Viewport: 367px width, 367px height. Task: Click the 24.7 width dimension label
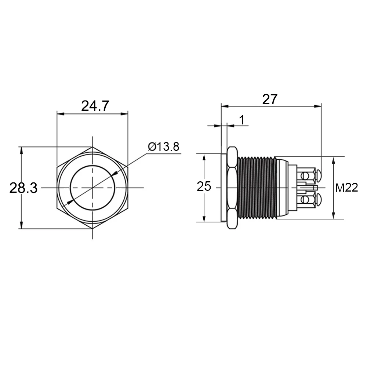point(95,106)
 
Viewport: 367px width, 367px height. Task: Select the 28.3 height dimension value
point(23,188)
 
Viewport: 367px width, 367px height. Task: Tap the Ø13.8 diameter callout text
point(164,147)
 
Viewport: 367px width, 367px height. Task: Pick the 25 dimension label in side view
point(204,187)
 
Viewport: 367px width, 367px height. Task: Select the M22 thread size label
point(346,188)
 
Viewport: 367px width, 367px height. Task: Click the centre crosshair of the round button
point(92,188)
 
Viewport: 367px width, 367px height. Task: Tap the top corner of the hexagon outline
point(92,147)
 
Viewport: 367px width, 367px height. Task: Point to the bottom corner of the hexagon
point(92,229)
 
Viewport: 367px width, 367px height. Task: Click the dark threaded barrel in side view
point(256,188)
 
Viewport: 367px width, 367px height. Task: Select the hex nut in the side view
point(232,188)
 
